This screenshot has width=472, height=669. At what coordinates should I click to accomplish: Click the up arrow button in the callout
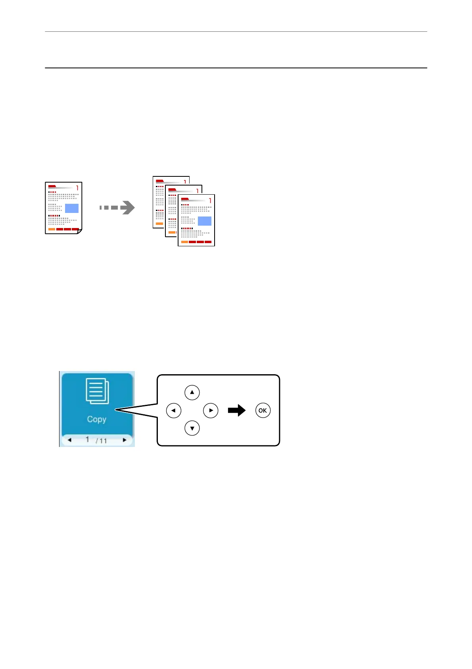(x=192, y=393)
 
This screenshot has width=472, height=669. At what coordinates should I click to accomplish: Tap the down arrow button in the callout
(x=192, y=428)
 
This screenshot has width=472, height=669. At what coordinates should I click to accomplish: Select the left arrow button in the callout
(x=174, y=410)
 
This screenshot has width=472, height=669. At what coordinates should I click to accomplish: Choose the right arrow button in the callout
(x=211, y=410)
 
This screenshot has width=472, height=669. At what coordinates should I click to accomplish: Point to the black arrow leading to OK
(x=237, y=410)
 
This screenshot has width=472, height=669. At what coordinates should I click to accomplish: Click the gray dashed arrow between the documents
(x=117, y=207)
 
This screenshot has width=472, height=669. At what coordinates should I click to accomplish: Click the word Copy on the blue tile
(x=97, y=419)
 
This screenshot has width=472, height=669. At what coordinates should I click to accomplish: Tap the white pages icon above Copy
(x=97, y=391)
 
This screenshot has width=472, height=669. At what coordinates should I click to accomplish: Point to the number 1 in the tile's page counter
(x=87, y=439)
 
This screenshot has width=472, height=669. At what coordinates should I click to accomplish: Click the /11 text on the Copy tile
(x=102, y=441)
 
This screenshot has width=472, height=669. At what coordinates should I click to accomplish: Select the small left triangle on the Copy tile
(x=70, y=440)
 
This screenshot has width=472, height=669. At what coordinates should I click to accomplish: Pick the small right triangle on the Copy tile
(x=125, y=440)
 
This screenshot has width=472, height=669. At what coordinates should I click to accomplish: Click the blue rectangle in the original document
(x=72, y=208)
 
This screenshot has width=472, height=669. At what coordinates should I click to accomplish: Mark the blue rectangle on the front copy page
(x=205, y=221)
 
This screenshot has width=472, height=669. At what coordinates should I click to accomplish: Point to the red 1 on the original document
(x=77, y=188)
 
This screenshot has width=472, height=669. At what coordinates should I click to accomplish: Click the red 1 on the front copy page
(x=210, y=200)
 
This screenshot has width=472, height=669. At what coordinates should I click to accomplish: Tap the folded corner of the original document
(x=79, y=231)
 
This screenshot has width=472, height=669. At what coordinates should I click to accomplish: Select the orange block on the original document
(x=52, y=229)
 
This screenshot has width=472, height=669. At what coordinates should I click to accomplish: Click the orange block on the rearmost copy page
(x=159, y=224)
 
